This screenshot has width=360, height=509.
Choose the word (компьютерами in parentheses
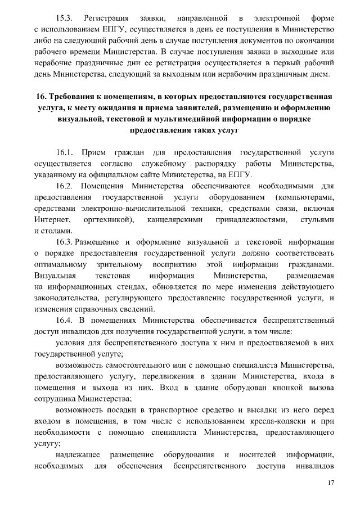pyautogui.click(x=301, y=197)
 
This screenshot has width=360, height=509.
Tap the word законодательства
pyautogui.click(x=70, y=298)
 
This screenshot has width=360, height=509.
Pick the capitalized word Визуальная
pyautogui.click(x=55, y=276)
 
